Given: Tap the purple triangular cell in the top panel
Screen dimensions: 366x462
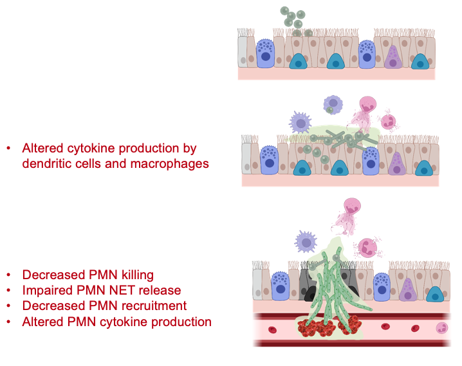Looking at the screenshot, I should point(393,57).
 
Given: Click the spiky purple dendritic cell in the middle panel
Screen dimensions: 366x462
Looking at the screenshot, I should point(300,123).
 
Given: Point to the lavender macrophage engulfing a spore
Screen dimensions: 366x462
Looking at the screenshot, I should point(333,104).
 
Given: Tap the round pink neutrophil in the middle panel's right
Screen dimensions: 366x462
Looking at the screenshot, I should point(388,121).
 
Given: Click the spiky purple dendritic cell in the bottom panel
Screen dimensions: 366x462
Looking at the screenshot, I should point(306,242).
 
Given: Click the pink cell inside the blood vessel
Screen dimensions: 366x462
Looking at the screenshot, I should point(441,328).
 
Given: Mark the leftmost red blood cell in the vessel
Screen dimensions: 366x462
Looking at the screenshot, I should point(272,330).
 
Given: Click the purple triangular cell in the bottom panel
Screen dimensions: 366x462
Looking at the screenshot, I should point(407,289).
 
